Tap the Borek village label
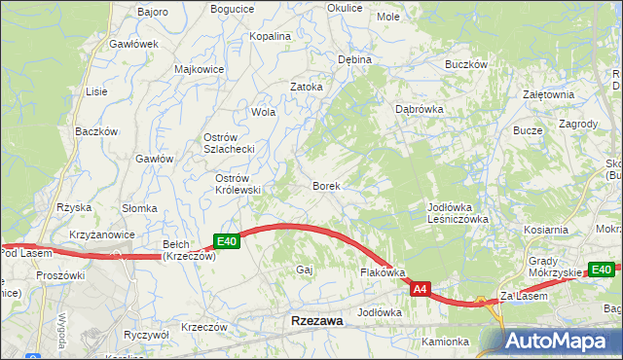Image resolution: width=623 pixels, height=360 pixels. click(x=325, y=185)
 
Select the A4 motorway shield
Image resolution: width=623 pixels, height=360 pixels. click(x=420, y=289)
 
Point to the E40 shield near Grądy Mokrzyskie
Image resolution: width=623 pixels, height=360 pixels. click(x=602, y=270)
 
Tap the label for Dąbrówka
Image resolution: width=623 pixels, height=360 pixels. click(x=420, y=109)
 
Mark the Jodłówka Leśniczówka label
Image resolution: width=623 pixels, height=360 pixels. click(x=457, y=213)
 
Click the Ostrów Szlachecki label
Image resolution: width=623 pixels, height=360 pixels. click(x=229, y=143)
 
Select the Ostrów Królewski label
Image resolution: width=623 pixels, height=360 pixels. click(x=238, y=184)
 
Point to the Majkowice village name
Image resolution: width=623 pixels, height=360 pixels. click(x=199, y=69)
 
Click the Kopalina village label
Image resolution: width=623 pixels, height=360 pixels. click(x=271, y=36)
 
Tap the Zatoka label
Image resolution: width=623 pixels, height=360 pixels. click(x=307, y=86)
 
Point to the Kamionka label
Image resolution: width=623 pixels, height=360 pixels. click(x=446, y=342)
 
